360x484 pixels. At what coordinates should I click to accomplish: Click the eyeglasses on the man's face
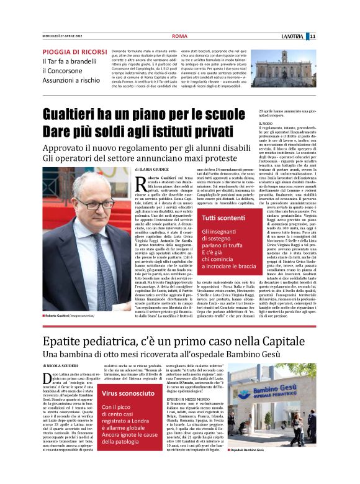click(95, 204)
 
